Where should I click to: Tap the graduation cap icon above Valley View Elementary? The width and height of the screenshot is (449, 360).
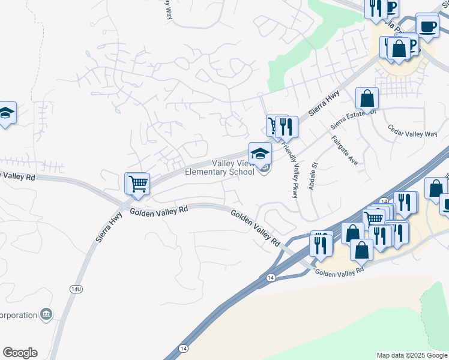tap(260, 153)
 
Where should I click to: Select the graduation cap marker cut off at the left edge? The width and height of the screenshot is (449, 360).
tap(6, 113)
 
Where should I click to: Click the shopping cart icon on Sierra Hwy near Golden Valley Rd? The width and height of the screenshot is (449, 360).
tap(137, 183)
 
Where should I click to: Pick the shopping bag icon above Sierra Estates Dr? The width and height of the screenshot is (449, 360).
tap(367, 98)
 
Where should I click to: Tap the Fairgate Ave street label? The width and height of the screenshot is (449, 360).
tap(345, 151)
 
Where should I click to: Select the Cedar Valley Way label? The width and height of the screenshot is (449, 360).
tap(412, 131)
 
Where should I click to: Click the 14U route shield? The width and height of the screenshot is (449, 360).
tap(75, 289)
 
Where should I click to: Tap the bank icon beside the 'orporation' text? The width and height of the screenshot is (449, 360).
tap(46, 314)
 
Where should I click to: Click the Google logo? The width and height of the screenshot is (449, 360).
tap(20, 353)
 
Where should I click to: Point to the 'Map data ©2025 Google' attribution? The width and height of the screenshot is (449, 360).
tap(412, 355)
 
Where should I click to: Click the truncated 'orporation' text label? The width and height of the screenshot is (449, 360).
tap(18, 314)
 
